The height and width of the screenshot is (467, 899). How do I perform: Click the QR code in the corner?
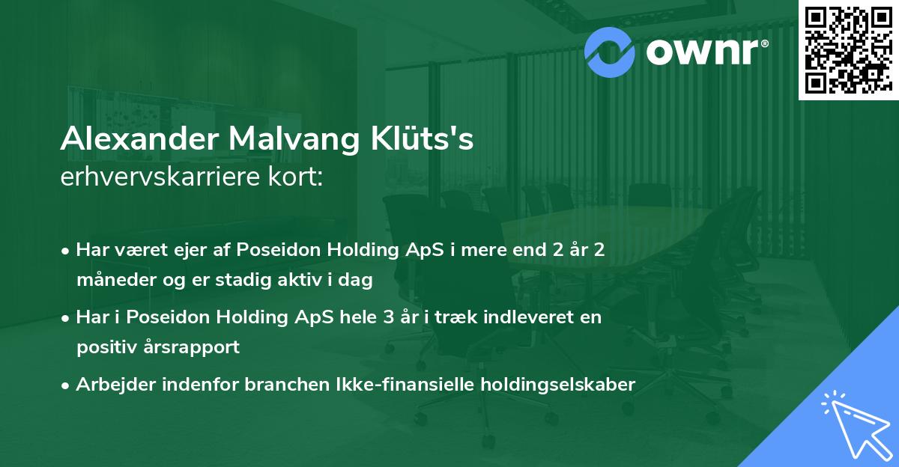click(848, 49)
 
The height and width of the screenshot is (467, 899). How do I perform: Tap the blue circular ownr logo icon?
click(609, 52)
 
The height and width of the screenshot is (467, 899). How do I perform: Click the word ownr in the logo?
click(703, 52)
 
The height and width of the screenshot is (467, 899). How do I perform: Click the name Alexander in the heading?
click(139, 138)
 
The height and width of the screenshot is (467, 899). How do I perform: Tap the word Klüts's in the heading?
click(422, 138)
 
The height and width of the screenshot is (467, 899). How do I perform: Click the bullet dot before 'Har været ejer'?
click(64, 251)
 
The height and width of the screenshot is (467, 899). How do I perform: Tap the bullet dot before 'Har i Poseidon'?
click(64, 319)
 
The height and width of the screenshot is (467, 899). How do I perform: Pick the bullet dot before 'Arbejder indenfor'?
click(64, 386)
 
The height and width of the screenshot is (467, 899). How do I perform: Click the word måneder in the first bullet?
click(116, 279)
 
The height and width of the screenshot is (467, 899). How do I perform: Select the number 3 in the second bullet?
click(389, 317)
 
